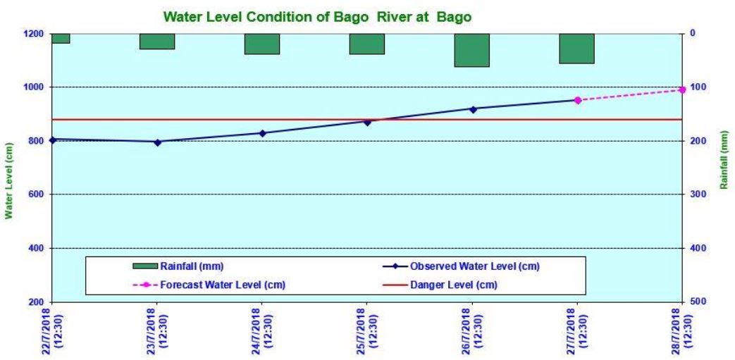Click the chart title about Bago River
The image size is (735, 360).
[x=316, y=15]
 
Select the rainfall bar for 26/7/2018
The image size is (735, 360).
[x=471, y=50]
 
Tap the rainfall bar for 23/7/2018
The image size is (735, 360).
[x=157, y=41]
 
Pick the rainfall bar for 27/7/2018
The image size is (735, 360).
[x=576, y=48]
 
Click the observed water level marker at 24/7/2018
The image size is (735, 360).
[x=262, y=133]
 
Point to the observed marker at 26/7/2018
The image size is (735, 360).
[x=472, y=109]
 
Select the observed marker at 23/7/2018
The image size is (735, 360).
[x=157, y=142]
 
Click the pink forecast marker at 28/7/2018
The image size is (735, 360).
[x=681, y=89]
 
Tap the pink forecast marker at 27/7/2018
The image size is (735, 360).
[x=577, y=100]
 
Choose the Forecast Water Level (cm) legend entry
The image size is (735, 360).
[x=211, y=285]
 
